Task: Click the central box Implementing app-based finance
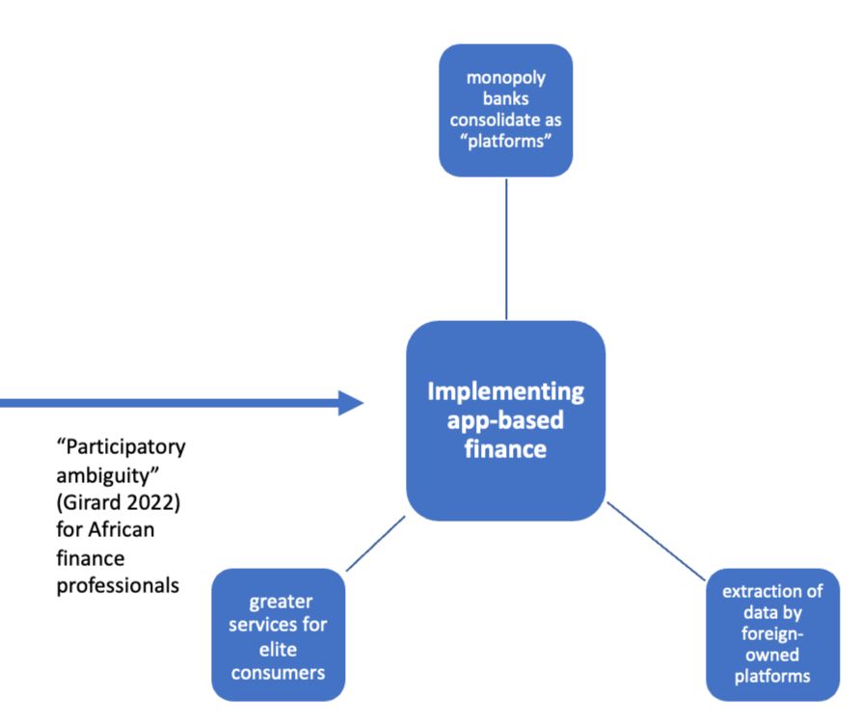(x=505, y=420)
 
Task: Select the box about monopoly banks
(x=505, y=110)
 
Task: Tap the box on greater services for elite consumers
(x=279, y=634)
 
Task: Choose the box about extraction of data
(x=772, y=633)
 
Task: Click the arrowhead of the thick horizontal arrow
(x=351, y=403)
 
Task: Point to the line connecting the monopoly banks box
(x=506, y=248)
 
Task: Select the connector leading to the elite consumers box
(x=375, y=543)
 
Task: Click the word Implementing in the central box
(x=505, y=392)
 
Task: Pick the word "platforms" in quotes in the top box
(x=505, y=144)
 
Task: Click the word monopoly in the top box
(x=505, y=78)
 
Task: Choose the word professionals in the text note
(x=117, y=583)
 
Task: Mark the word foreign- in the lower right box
(x=772, y=633)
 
